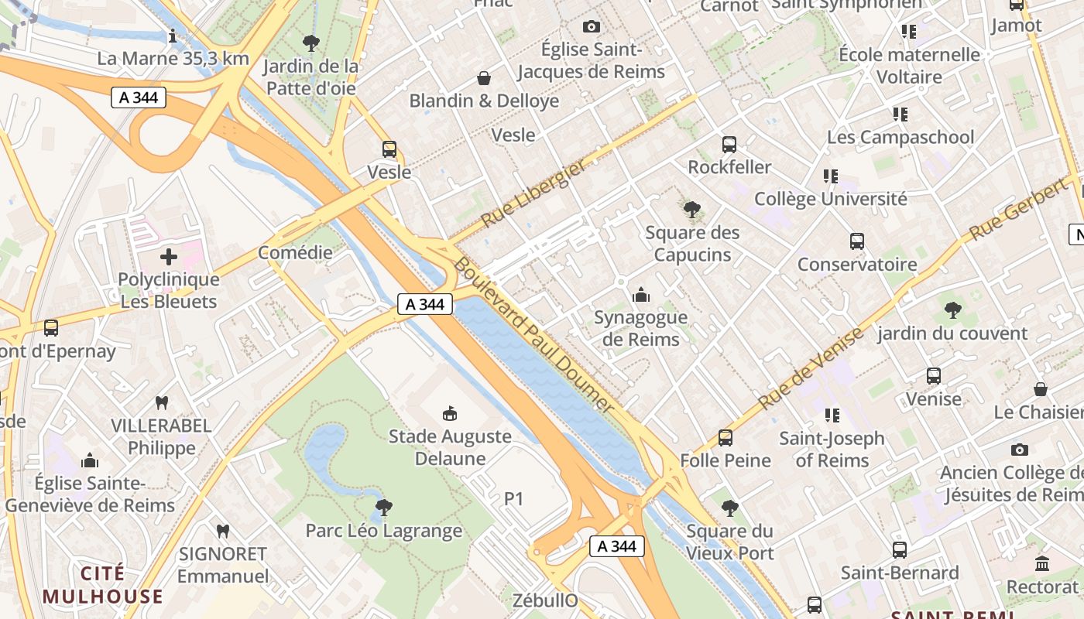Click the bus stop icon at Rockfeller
pos(729,145)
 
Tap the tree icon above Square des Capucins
pos(692,209)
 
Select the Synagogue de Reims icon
pos(640,295)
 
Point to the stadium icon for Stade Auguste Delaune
pos(449,414)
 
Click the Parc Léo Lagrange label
pos(383,531)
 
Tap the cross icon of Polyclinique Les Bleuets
pos(169,257)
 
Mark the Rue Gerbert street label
pos(1017,210)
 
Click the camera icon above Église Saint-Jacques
pos(592,27)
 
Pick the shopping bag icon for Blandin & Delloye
pos(484,78)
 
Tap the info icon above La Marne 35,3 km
pos(173,36)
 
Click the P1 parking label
pos(514,500)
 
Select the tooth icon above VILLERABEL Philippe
pos(162,402)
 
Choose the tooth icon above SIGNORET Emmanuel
pos(223,532)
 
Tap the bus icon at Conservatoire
pos(856,241)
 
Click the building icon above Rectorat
pos(1041,564)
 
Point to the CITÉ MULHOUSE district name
pos(102,585)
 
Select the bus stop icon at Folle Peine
pos(725,438)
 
